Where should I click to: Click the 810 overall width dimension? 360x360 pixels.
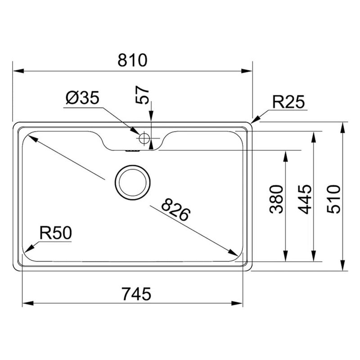pyautogui.click(x=133, y=60)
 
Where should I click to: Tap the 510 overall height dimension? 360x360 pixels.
pyautogui.click(x=333, y=199)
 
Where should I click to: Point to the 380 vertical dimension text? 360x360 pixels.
pyautogui.click(x=276, y=199)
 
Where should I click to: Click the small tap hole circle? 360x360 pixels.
pyautogui.click(x=144, y=138)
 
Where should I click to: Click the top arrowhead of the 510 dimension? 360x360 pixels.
pyautogui.click(x=343, y=126)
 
